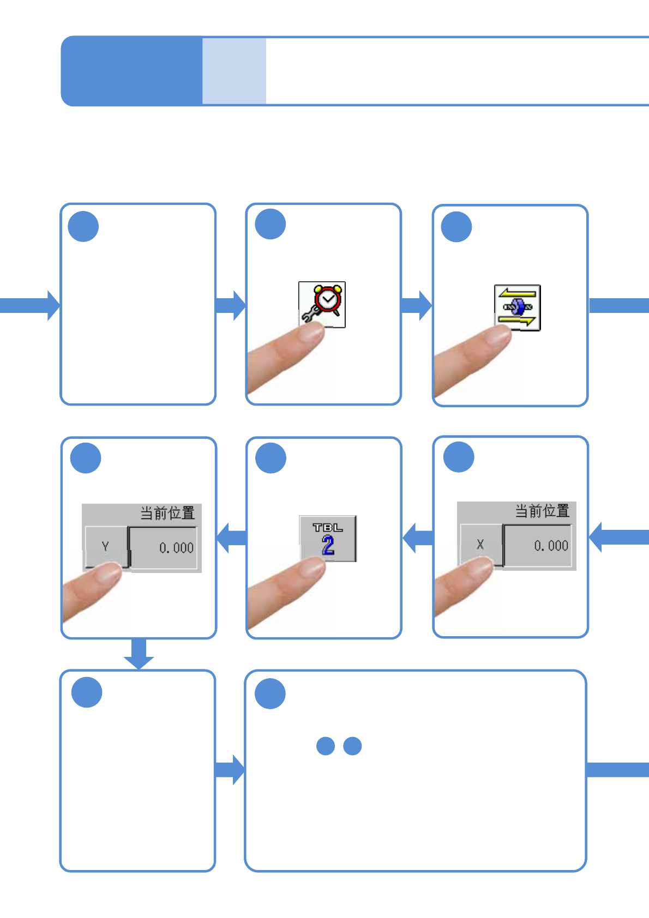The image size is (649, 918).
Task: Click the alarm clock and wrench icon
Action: pos(322,304)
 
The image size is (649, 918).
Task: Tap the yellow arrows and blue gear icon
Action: pos(518,307)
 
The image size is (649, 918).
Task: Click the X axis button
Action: pos(481,545)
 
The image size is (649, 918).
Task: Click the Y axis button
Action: pos(106,547)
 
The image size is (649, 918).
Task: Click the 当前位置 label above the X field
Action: pos(542,511)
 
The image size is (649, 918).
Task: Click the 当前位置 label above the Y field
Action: pos(167,513)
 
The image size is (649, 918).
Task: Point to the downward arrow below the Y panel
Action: pos(139,653)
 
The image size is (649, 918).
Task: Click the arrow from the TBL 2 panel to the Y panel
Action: pos(231,537)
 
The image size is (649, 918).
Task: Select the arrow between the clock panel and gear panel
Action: pos(417,305)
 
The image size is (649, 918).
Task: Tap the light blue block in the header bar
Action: pos(234,71)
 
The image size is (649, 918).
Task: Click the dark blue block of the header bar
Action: pos(131,71)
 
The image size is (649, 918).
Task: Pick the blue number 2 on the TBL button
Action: pos(328,545)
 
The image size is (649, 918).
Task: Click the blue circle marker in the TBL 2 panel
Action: pos(271,458)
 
